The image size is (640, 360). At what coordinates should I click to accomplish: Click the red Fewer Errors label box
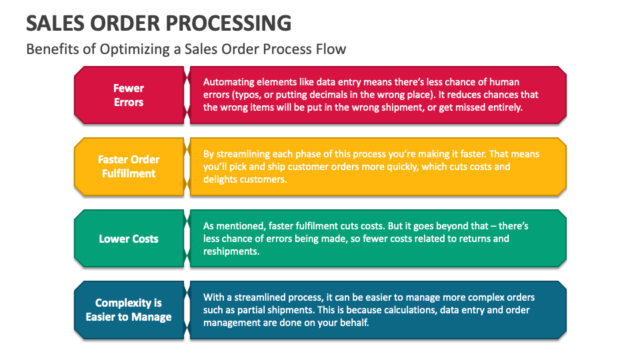point(129,95)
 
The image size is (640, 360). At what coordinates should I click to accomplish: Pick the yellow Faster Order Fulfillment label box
point(129,167)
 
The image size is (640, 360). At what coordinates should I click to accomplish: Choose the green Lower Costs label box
point(129,239)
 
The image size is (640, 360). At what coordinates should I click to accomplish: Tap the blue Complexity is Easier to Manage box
point(129,310)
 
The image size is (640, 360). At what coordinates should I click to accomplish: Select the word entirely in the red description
point(504,108)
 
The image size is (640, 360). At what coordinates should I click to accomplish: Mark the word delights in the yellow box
point(220,179)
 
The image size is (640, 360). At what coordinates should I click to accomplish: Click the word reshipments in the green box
point(231,251)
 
